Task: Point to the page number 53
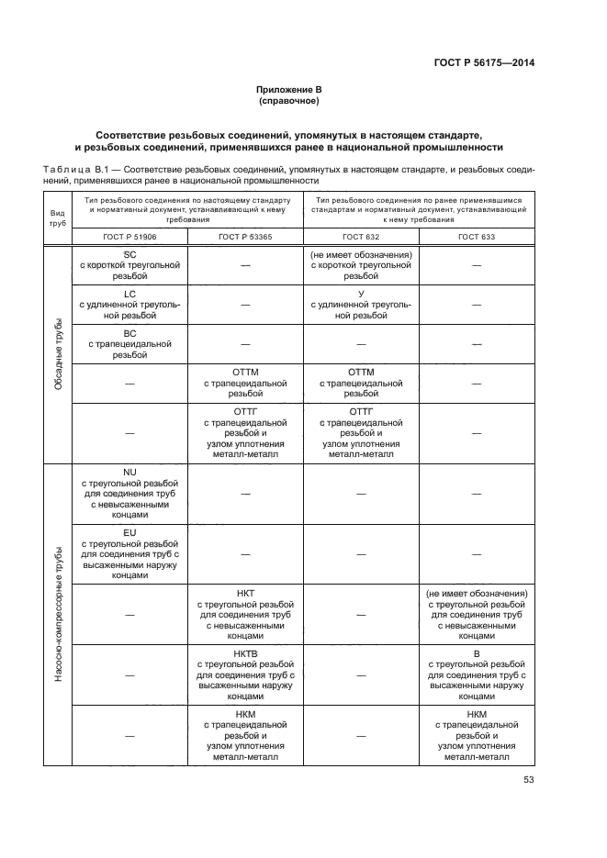point(528,780)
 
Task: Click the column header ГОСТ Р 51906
point(129,236)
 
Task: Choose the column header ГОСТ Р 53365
point(245,236)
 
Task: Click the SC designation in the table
point(129,253)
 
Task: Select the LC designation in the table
point(129,294)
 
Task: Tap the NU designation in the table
point(129,471)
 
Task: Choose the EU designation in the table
point(129,531)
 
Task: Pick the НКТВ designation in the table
point(245,653)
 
